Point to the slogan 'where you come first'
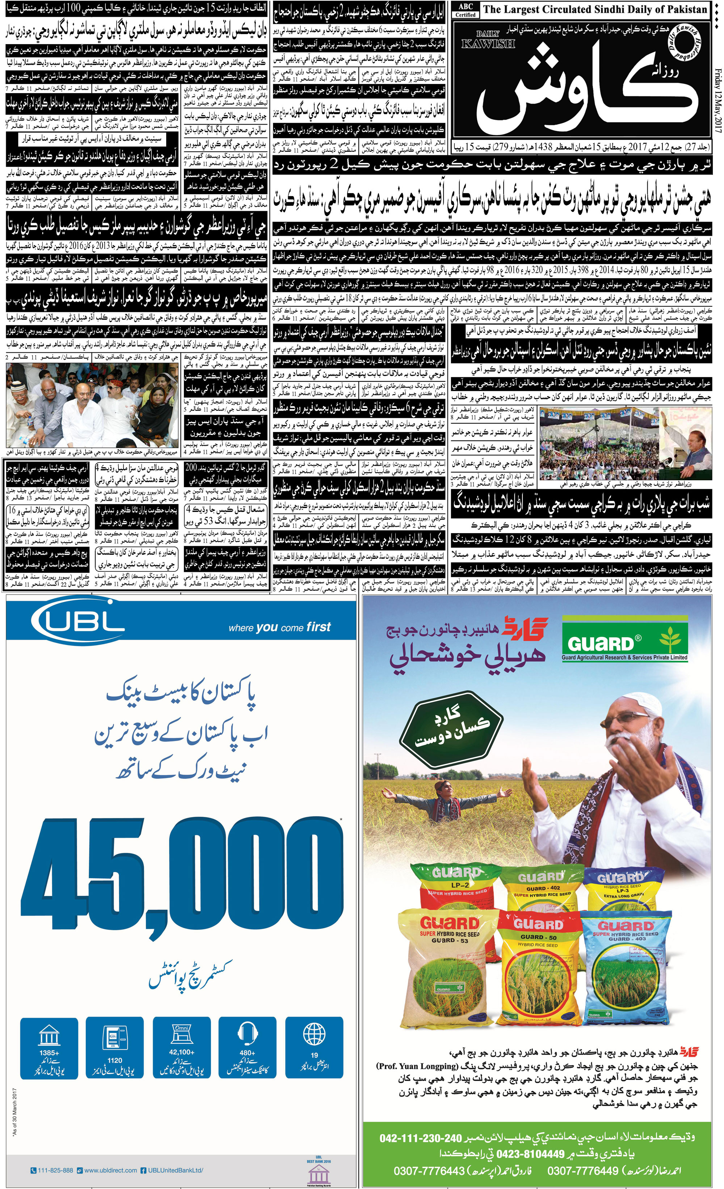point(280,627)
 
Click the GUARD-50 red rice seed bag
point(538,984)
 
